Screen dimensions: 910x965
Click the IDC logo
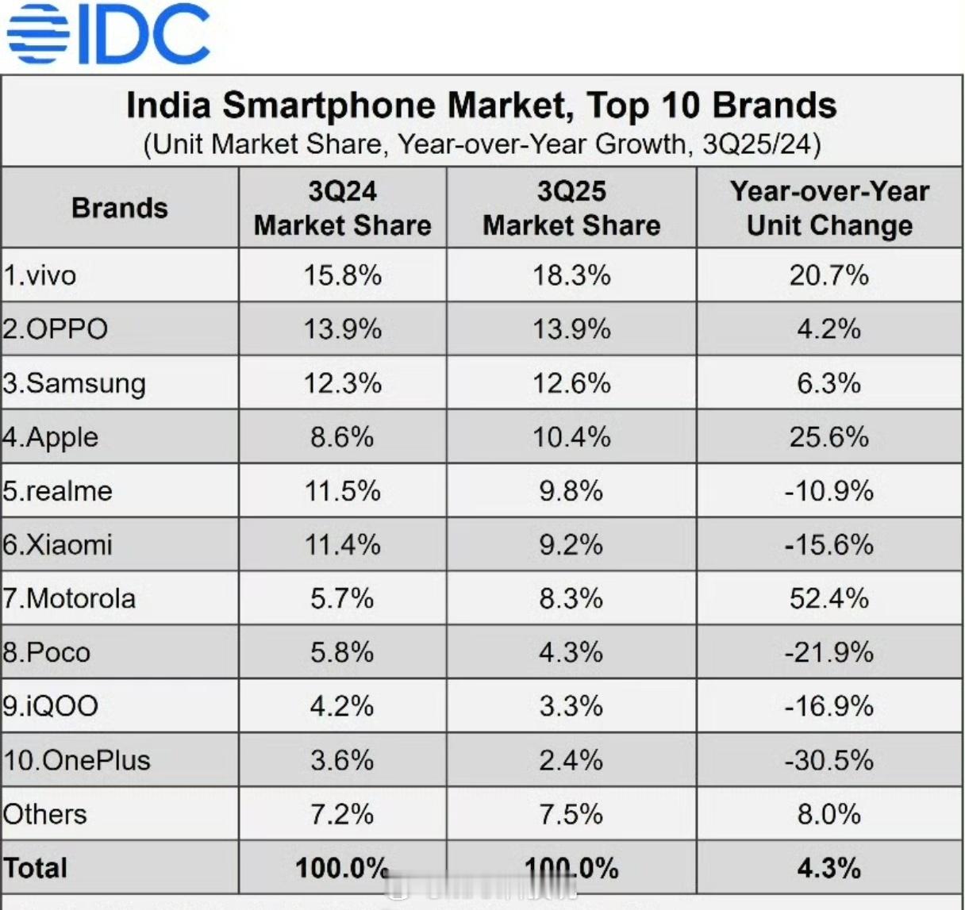point(109,33)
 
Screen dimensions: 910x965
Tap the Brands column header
point(120,208)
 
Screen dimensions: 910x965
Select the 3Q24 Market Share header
point(342,208)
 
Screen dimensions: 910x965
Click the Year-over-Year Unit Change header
point(829,208)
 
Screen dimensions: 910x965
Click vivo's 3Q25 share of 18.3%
point(571,275)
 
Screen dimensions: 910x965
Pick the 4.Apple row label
point(51,437)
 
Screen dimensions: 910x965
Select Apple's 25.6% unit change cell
point(829,437)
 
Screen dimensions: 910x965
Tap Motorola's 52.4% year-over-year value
point(829,598)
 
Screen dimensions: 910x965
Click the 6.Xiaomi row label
point(57,545)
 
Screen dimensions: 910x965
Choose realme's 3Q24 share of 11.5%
point(342,491)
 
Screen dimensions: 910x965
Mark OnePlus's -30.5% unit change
point(829,760)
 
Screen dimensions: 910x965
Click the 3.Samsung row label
point(75,383)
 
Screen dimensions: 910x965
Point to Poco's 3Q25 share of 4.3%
point(571,652)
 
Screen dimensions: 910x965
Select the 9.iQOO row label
point(51,706)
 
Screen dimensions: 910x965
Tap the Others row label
point(44,814)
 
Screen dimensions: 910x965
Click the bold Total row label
point(36,868)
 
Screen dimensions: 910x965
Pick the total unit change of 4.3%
point(829,868)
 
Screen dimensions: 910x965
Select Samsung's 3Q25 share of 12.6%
point(571,383)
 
